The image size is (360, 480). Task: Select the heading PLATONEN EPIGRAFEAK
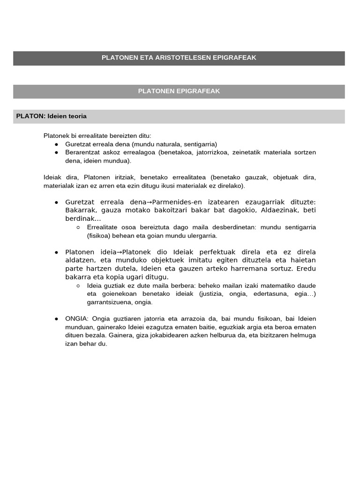(x=179, y=91)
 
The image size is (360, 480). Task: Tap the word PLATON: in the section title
(x=30, y=116)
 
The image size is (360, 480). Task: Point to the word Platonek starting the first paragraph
(x=56, y=136)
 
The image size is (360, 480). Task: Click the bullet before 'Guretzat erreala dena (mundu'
(x=56, y=144)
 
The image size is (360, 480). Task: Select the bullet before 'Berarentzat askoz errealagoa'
(x=56, y=153)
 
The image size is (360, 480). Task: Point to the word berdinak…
(x=83, y=219)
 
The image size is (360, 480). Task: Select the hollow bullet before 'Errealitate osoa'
(x=78, y=227)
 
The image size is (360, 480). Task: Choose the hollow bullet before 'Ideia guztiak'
(x=78, y=286)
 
